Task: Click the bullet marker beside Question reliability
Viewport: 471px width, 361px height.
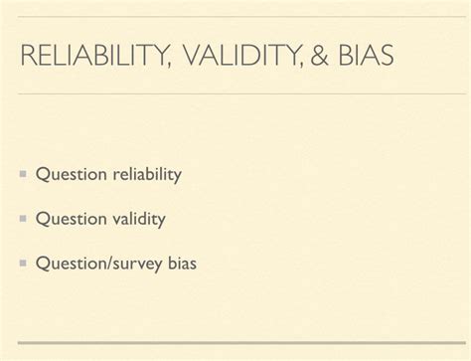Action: click(22, 175)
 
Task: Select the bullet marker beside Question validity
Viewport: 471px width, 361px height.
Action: click(22, 219)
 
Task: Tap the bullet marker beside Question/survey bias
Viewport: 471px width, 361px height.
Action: click(22, 264)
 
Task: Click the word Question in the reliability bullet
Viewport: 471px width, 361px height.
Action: click(70, 176)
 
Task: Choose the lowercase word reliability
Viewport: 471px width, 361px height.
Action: click(145, 175)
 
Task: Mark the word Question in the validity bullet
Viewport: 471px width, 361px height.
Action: click(70, 220)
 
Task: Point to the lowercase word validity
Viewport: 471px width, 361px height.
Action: click(137, 219)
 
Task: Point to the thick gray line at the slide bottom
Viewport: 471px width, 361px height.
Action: click(235, 343)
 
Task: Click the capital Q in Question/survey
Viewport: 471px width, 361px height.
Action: click(42, 264)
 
